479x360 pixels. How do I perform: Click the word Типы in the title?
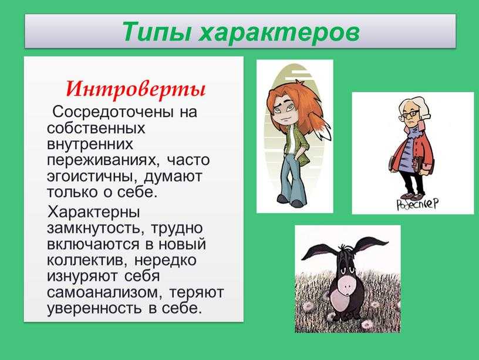[156, 32]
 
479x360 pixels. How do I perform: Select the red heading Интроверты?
[136, 89]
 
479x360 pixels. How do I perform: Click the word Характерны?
[94, 212]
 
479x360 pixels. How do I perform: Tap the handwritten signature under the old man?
[417, 204]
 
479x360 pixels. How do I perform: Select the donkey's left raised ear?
[316, 253]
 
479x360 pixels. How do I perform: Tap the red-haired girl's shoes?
[289, 201]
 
